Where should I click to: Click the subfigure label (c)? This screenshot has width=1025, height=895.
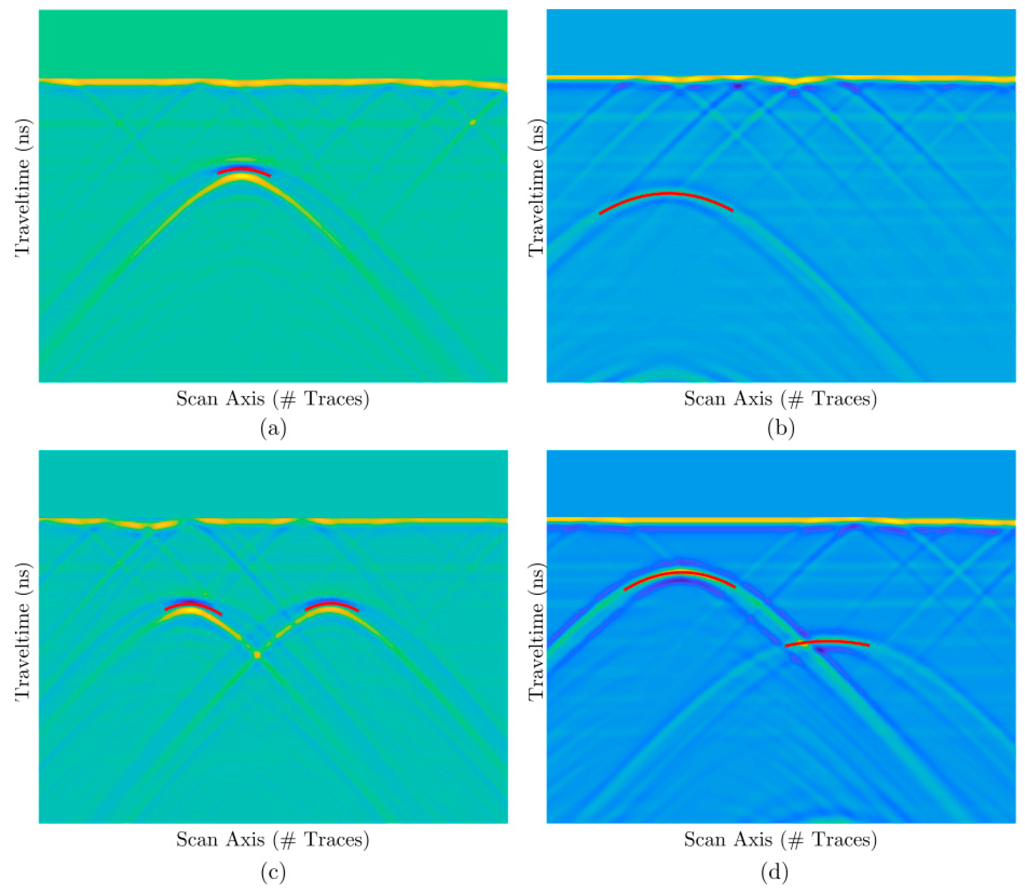point(273,872)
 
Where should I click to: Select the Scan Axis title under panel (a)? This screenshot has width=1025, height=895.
point(272,399)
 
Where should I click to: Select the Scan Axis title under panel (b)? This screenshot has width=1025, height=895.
point(780,399)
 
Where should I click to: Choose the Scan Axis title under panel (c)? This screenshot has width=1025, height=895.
point(272,840)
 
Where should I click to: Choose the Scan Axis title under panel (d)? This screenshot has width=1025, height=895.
point(780,840)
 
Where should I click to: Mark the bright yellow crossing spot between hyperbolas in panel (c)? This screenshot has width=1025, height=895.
point(257,654)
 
